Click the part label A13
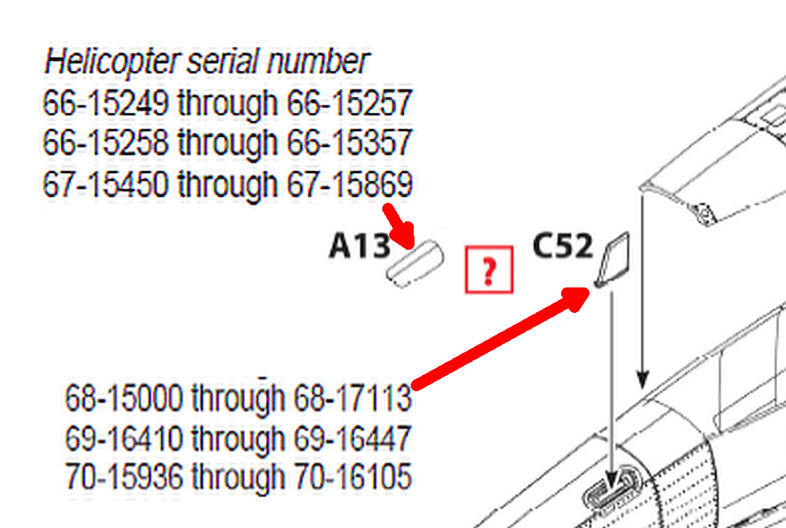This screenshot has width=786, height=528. [359, 247]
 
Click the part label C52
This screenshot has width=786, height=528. [563, 246]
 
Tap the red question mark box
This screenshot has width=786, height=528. [489, 270]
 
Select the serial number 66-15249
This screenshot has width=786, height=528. [105, 103]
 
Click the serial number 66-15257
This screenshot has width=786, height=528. [349, 103]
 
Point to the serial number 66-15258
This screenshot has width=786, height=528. [105, 142]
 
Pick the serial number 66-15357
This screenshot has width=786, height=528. [349, 142]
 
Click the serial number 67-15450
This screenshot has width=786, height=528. [105, 184]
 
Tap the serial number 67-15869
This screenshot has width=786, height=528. [349, 184]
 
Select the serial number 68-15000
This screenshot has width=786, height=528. [124, 398]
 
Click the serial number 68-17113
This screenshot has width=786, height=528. [352, 398]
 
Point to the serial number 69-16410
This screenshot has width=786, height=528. [124, 438]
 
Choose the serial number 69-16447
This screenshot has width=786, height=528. [352, 438]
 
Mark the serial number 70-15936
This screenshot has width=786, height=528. [124, 477]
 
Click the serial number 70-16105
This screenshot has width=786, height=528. [352, 477]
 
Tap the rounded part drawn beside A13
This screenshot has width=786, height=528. [415, 264]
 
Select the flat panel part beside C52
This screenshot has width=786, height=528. [612, 260]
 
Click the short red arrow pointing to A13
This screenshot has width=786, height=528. [399, 226]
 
